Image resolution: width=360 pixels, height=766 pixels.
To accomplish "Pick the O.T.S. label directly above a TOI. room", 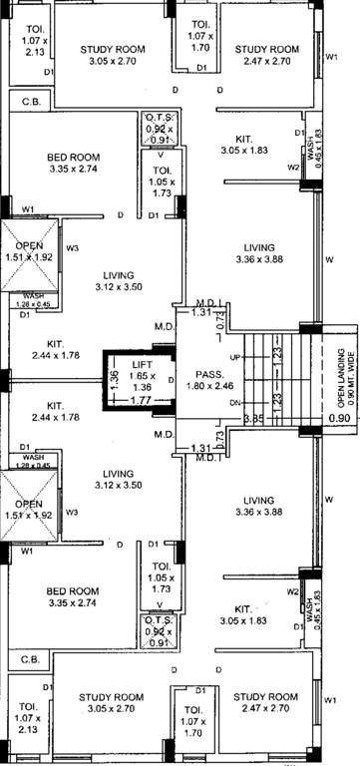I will click(x=160, y=116).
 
